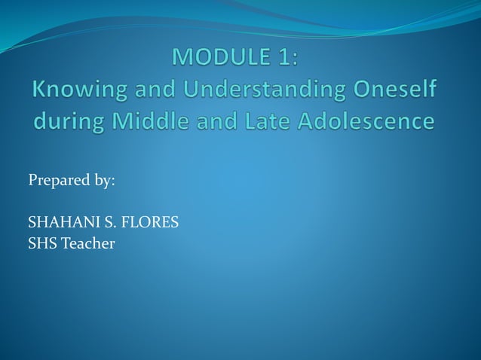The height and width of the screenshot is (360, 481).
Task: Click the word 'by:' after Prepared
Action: click(x=103, y=182)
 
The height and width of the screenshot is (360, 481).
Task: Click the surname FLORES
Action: click(x=150, y=223)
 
